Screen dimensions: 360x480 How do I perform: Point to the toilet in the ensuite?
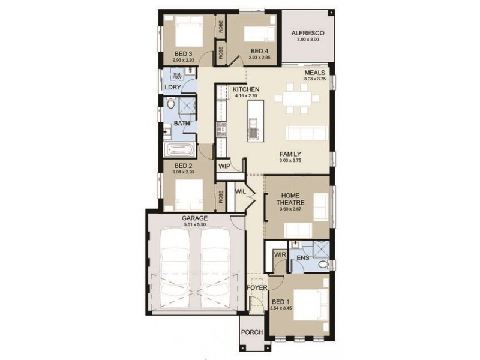(323, 262)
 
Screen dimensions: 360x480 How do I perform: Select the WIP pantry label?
(224, 166)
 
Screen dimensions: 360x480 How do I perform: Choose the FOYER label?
(256, 287)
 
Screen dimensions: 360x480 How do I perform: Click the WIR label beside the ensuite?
(279, 255)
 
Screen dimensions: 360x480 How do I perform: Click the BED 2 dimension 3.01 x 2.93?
(183, 172)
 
